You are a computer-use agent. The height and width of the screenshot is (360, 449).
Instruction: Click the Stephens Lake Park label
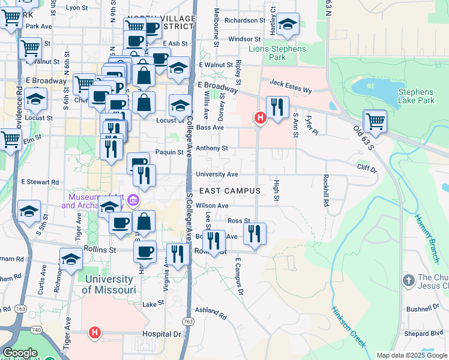(x=416, y=96)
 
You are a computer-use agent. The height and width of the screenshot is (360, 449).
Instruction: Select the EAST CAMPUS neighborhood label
(x=229, y=191)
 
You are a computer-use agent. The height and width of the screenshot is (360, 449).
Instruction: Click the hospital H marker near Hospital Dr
(x=94, y=331)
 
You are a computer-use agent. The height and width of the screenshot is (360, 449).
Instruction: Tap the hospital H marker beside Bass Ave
(x=260, y=118)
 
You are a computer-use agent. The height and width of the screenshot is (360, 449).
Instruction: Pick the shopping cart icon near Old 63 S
(x=375, y=121)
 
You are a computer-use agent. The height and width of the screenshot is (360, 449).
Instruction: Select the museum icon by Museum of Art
(x=133, y=200)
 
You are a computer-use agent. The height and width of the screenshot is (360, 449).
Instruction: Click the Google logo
(x=20, y=353)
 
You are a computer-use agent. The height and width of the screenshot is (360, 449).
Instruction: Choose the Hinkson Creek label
(x=348, y=327)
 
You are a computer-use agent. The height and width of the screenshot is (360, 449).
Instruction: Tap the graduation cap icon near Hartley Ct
(x=288, y=25)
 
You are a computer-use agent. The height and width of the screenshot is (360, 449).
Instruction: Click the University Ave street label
(x=217, y=175)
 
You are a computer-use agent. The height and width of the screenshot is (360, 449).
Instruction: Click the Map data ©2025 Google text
(x=412, y=355)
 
